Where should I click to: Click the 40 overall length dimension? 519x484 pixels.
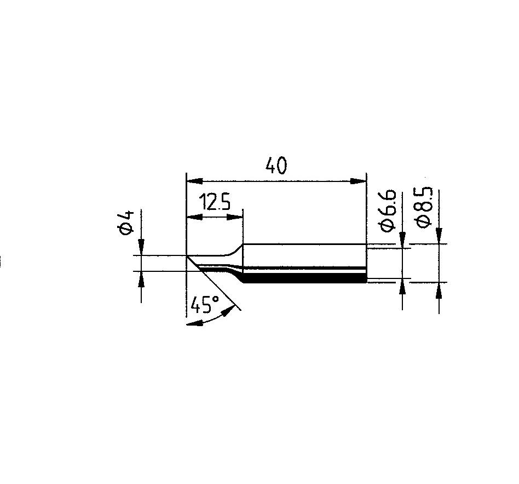(276, 166)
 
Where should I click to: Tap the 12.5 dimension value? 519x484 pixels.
(215, 203)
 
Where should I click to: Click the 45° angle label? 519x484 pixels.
(205, 304)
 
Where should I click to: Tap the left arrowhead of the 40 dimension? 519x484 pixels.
(195, 181)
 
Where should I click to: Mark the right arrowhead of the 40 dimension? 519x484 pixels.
(359, 181)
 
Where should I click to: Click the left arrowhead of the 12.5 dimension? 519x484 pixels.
(195, 218)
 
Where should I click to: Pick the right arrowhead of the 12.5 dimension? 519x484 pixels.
(235, 218)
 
